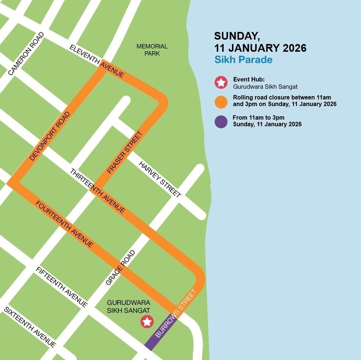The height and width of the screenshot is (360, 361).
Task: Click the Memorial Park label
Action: pyautogui.click(x=152, y=50)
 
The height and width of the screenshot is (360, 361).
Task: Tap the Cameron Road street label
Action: pyautogui.click(x=26, y=54)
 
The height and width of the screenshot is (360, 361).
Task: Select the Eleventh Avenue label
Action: pyautogui.click(x=97, y=61)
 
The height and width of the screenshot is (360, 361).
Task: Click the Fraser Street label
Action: pyautogui.click(x=124, y=153)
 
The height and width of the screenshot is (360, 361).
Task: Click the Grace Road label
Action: pyautogui.click(x=121, y=268)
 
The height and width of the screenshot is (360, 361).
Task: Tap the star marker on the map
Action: pyautogui.click(x=147, y=322)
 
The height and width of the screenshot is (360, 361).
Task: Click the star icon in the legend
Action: pyautogui.click(x=221, y=83)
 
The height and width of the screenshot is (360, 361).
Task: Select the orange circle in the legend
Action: pyautogui.click(x=221, y=102)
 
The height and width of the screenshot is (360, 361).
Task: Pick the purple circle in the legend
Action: pyautogui.click(x=221, y=121)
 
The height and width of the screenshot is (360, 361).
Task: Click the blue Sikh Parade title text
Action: pyautogui.click(x=243, y=59)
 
